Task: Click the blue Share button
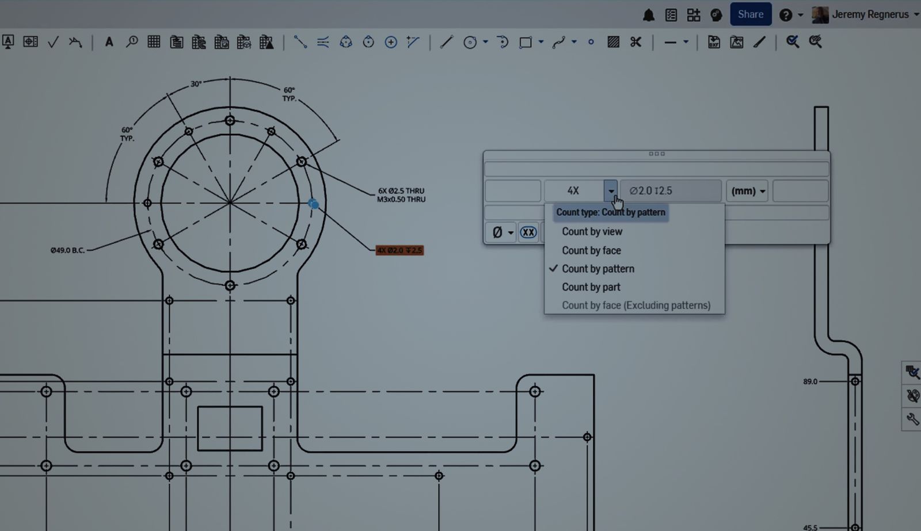pos(750,14)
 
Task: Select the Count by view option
pos(592,232)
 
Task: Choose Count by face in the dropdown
pos(591,250)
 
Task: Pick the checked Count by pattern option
pos(597,269)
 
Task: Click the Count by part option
pos(591,287)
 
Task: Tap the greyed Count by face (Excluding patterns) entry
pos(635,305)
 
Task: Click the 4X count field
pos(573,191)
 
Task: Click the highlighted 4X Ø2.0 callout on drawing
pos(399,250)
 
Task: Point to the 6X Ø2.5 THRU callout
pos(401,195)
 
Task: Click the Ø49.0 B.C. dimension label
pos(67,250)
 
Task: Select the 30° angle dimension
pos(196,84)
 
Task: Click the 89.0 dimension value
pos(810,381)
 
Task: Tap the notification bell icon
pos(649,15)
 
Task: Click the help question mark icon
pos(785,15)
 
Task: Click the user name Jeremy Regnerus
pos(870,14)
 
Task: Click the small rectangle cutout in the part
pos(230,429)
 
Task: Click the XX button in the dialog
pos(528,232)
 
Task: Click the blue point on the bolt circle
pos(313,204)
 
